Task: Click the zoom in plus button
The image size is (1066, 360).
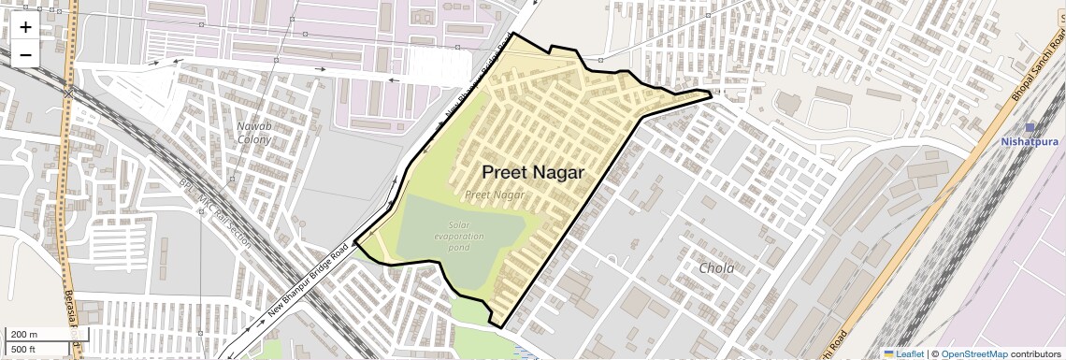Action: [25, 27]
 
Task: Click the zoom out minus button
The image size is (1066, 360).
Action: [25, 53]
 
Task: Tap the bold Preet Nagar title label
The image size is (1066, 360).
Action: [533, 173]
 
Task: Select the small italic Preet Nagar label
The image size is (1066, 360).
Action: [495, 195]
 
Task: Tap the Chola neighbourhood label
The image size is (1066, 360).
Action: [717, 268]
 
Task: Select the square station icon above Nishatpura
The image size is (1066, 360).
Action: [1030, 127]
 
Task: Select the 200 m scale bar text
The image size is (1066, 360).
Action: [24, 335]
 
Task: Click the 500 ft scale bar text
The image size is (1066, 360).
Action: [24, 349]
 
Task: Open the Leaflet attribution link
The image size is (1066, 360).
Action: [910, 353]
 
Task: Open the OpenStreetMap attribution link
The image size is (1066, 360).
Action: [973, 353]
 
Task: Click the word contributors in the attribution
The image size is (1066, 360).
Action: [1036, 353]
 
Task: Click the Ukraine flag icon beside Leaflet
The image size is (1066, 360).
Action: [888, 353]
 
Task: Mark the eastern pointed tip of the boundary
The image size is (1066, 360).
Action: [712, 92]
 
